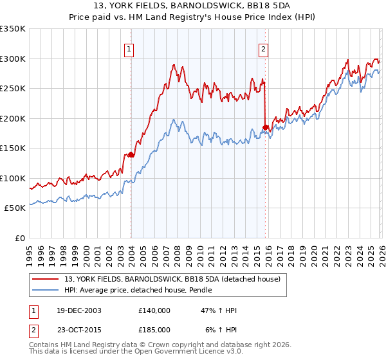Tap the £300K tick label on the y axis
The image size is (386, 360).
(x=13, y=59)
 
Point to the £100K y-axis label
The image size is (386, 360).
(x=13, y=178)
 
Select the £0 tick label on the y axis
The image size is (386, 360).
(x=20, y=238)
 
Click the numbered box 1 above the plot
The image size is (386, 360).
(x=129, y=48)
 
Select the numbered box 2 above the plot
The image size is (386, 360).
(x=264, y=48)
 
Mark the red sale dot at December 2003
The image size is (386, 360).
(x=131, y=154)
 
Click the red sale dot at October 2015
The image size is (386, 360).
(x=266, y=127)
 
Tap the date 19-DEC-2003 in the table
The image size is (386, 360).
(x=75, y=311)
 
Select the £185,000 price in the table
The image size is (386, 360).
(x=154, y=329)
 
